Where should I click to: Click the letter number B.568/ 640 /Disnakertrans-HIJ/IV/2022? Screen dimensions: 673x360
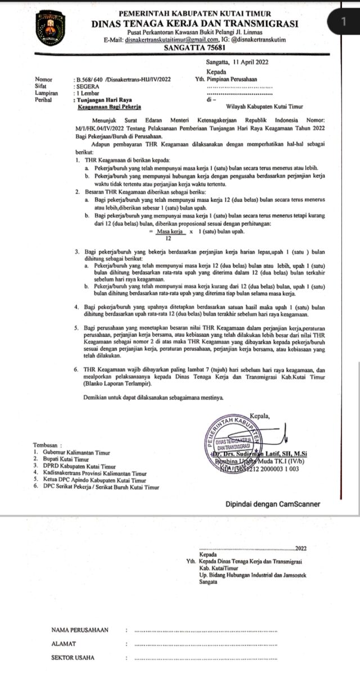pyautogui.click(x=122, y=80)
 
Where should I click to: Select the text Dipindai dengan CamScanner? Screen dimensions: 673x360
pyautogui.click(x=273, y=504)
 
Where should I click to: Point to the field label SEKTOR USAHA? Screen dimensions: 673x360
pyautogui.click(x=73, y=657)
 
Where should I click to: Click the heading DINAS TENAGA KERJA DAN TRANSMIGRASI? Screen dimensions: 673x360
pyautogui.click(x=195, y=23)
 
